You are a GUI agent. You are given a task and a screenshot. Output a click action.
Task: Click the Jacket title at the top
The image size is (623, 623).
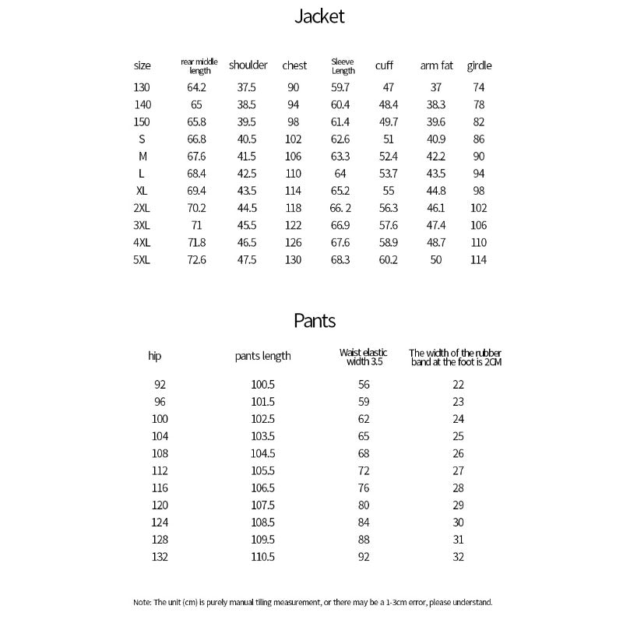click(x=319, y=16)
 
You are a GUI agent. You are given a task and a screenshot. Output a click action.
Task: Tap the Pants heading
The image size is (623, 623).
click(x=315, y=320)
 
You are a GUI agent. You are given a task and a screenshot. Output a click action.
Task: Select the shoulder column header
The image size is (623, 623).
click(x=248, y=65)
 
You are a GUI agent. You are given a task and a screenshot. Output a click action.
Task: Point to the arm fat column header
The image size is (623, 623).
click(x=436, y=65)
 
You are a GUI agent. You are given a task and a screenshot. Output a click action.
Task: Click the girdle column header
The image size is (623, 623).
click(x=479, y=65)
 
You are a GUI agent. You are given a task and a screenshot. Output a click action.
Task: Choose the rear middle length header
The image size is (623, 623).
click(x=199, y=65)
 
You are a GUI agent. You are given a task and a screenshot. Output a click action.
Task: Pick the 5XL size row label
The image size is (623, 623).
click(x=141, y=260)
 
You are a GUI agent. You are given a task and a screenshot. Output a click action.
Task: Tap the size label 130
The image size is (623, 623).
click(x=142, y=87)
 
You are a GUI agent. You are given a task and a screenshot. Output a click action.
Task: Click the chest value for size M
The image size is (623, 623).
click(x=293, y=157)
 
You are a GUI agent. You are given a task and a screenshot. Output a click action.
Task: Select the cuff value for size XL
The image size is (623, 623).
click(x=388, y=191)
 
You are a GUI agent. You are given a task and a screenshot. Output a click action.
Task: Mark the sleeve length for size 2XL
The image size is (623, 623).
click(x=340, y=208)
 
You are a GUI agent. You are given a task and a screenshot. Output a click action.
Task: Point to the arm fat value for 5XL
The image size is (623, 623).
click(x=436, y=260)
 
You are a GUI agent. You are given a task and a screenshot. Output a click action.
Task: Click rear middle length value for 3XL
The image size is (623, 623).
click(x=196, y=225)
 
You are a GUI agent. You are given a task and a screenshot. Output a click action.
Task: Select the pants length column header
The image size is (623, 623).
click(x=262, y=356)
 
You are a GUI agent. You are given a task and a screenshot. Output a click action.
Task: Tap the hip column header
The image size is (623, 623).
click(x=154, y=356)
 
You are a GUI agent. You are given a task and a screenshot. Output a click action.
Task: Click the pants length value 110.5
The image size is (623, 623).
click(x=262, y=557)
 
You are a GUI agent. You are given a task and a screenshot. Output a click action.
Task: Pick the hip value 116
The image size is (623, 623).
click(x=160, y=488)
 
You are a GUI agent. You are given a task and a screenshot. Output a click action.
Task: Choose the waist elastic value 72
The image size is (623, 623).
click(x=364, y=471)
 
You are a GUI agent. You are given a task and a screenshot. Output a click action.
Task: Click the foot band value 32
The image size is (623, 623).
click(x=458, y=557)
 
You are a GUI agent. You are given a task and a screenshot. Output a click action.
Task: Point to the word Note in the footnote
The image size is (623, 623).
click(x=142, y=602)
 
